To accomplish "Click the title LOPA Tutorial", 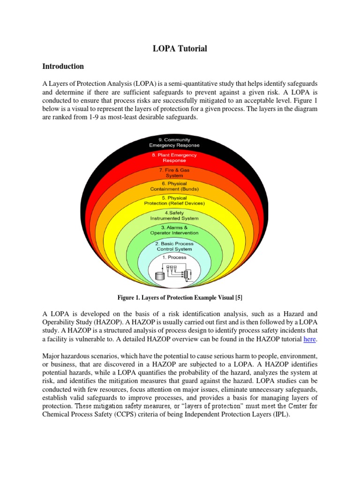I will point(180,48).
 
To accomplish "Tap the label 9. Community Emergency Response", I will point(174,142).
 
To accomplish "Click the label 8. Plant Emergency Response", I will point(174,157).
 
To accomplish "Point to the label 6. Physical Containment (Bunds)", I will point(174,186).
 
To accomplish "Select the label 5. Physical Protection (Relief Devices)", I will point(174,201).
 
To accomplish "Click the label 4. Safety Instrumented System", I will point(174,216).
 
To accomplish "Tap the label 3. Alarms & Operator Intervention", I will point(174,230).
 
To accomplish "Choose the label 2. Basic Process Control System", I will point(174,246).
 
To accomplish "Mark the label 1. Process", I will point(174,257).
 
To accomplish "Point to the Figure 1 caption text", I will point(180,298).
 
